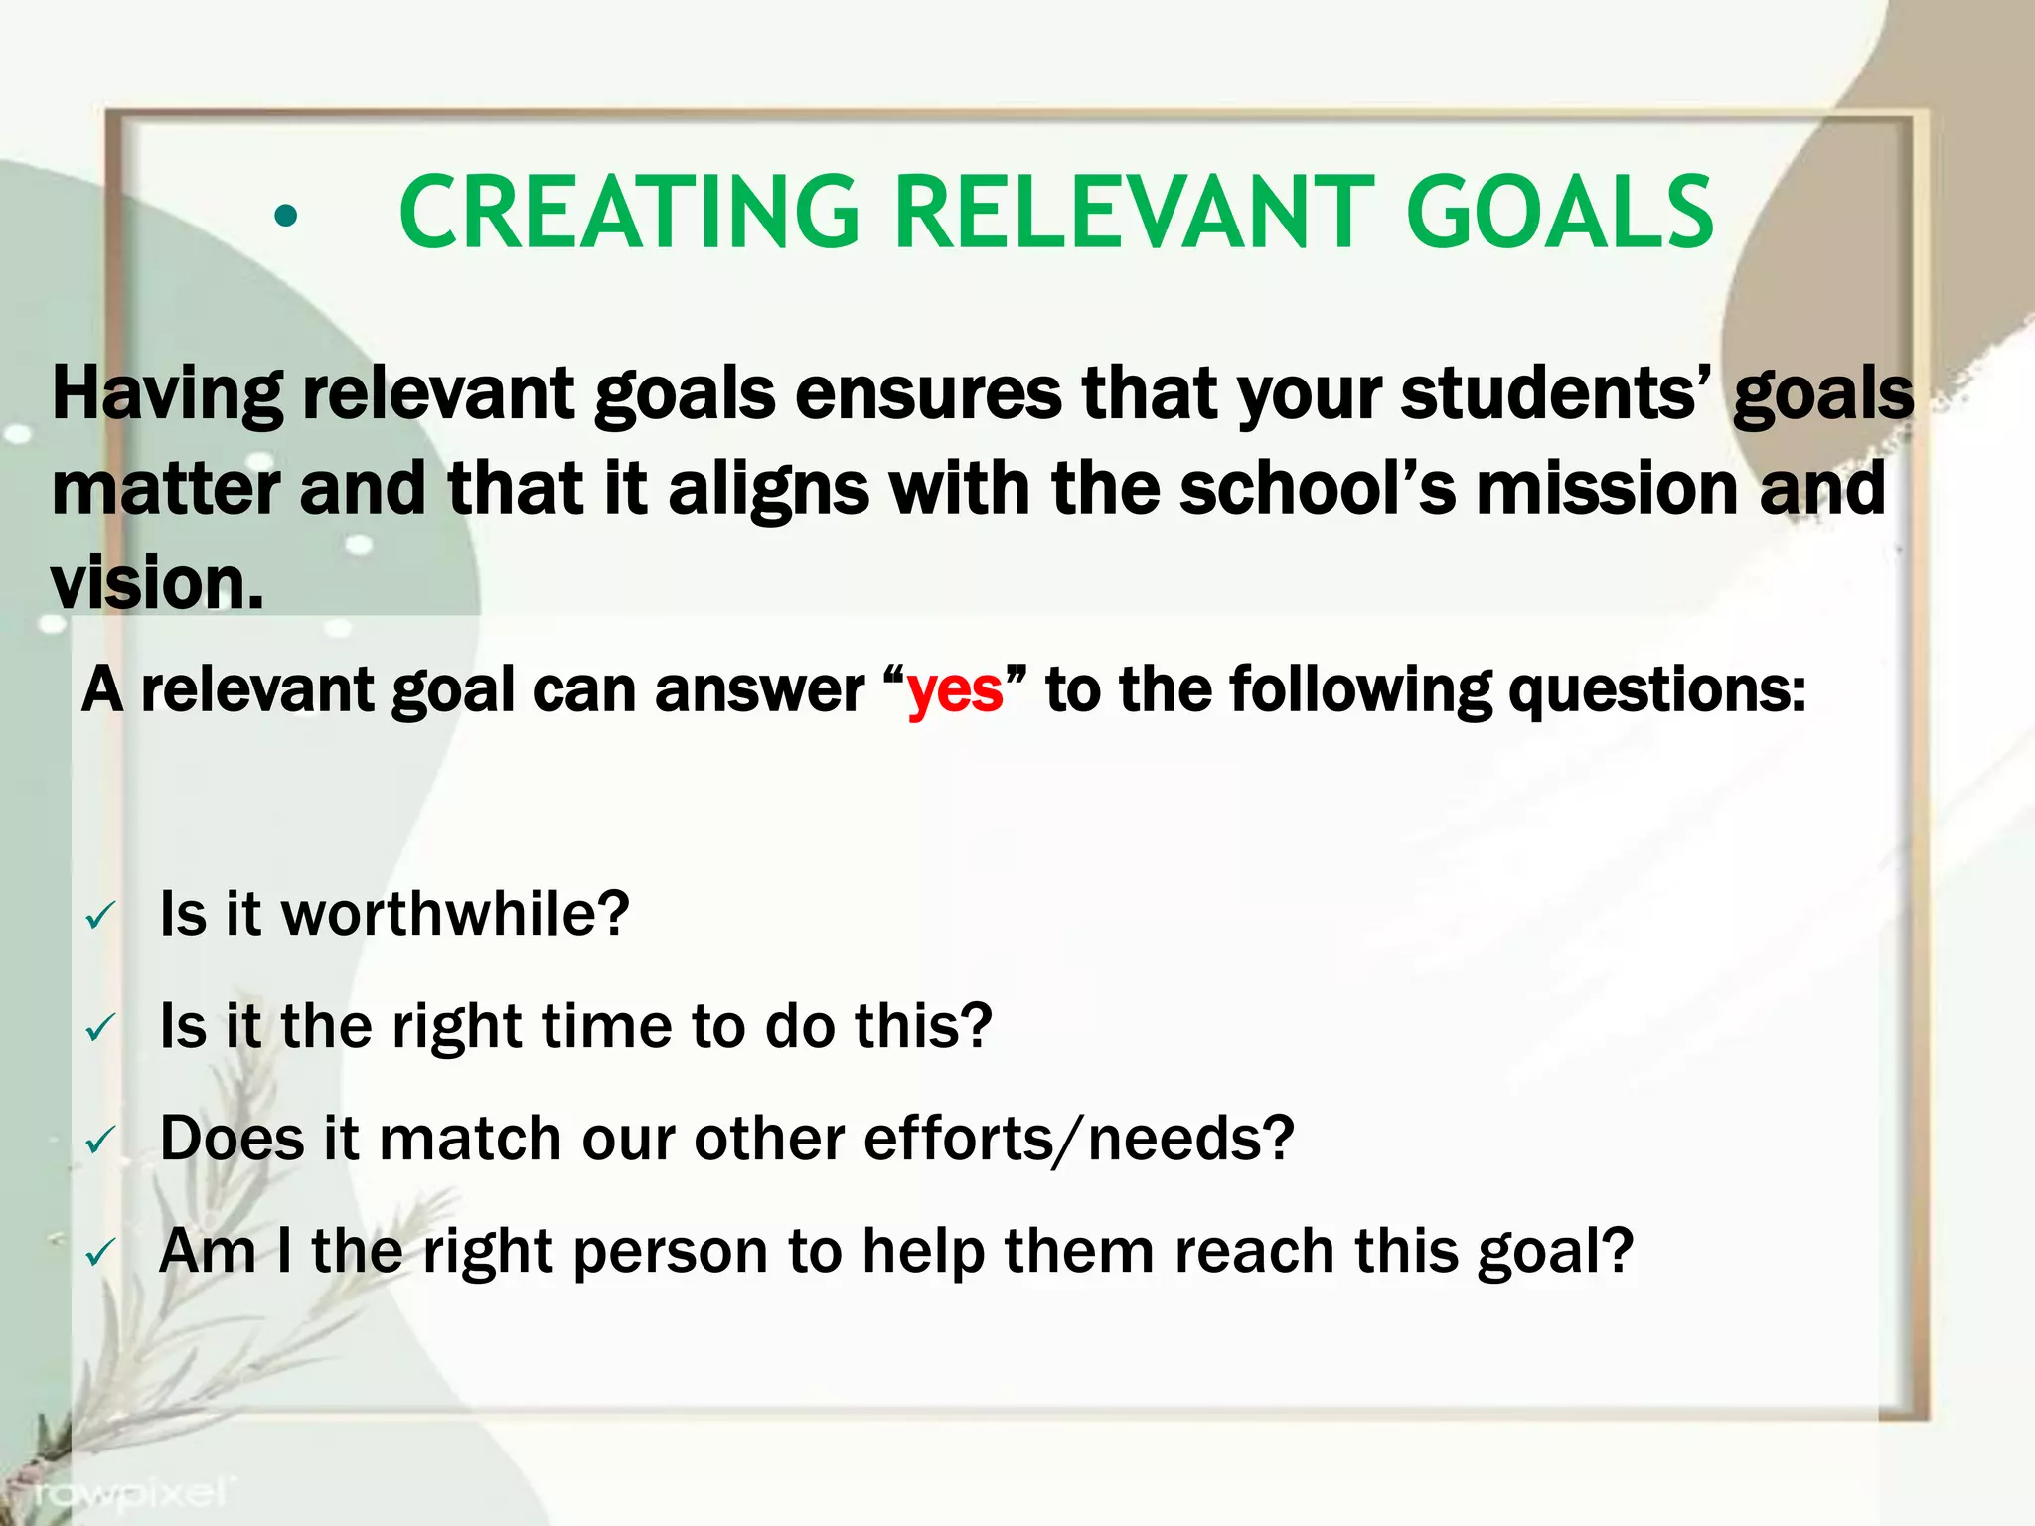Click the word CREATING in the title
pos(628,213)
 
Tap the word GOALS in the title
pos(1560,213)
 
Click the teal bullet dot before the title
pos(286,216)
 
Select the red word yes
pos(955,690)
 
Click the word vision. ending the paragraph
pos(157,584)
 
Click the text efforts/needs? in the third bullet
pos(1078,1139)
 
